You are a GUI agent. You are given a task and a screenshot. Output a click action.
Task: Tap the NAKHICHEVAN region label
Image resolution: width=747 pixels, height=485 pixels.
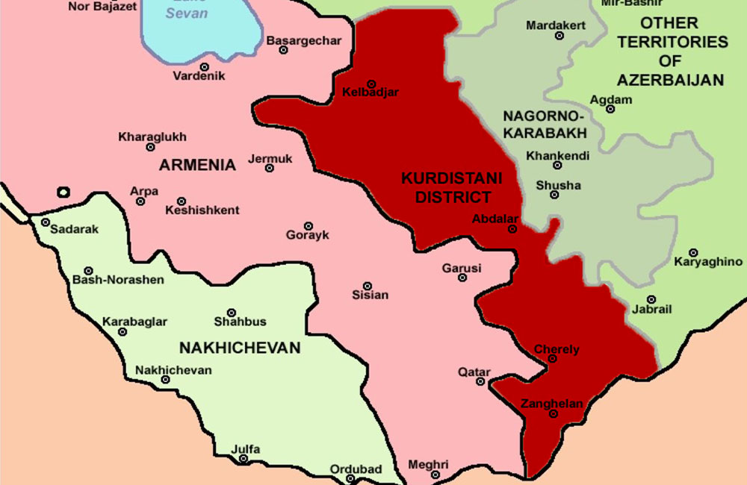coord(240,348)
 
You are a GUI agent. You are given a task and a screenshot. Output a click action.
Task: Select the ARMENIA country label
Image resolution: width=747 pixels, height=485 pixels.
coord(197,165)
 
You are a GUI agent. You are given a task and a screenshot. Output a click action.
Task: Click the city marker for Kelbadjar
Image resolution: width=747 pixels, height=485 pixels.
coord(371,84)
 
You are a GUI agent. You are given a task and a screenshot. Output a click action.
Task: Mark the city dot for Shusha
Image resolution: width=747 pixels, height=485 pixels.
coord(554,195)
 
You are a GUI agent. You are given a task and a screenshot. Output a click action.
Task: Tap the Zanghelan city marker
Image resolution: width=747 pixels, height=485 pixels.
coord(553,413)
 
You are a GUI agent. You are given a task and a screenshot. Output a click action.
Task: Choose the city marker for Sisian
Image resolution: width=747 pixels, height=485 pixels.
coord(367,286)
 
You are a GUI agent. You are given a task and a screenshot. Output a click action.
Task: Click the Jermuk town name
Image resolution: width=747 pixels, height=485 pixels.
coord(270,159)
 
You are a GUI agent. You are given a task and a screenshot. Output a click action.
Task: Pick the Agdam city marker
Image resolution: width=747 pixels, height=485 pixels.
coord(610,109)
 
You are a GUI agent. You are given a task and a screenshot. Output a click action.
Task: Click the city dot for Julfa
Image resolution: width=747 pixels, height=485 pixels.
coord(243,458)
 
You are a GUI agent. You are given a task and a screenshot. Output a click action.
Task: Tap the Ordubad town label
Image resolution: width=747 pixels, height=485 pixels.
coord(356,469)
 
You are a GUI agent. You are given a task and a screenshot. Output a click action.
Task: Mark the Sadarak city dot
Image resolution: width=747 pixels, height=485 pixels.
coord(46,222)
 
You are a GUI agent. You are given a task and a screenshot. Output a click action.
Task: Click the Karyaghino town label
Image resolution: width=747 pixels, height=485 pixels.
coord(708,262)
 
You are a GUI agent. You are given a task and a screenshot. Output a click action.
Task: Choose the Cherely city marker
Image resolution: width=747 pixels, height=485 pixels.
coord(553,359)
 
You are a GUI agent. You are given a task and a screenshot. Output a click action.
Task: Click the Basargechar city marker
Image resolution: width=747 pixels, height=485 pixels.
coord(283,50)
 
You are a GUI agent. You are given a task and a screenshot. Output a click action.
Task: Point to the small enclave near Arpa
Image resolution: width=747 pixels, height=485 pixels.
coord(63,193)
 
